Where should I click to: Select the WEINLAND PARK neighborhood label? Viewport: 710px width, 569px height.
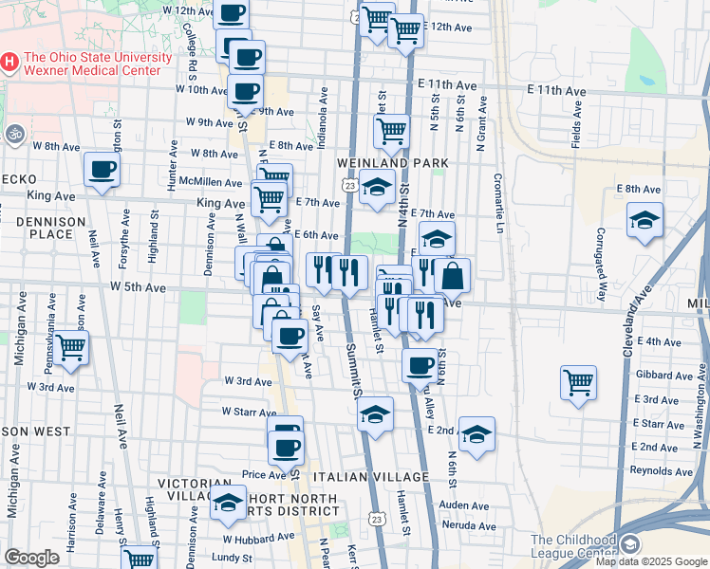[392, 163]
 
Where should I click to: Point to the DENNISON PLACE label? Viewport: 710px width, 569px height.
[44, 227]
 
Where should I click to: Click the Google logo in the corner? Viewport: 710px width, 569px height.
[31, 557]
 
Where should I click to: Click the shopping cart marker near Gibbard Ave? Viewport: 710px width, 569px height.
[578, 382]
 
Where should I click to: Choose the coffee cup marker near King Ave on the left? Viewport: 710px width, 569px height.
[102, 170]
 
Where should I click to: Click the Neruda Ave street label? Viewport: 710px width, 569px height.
[469, 525]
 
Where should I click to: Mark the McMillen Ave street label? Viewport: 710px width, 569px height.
[211, 182]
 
